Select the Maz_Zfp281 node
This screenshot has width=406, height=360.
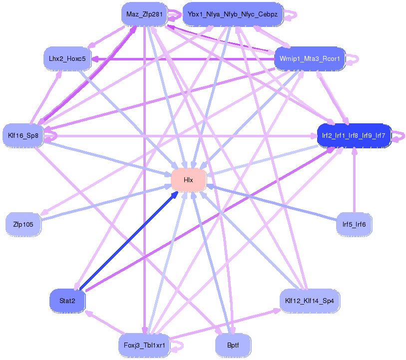[144, 14]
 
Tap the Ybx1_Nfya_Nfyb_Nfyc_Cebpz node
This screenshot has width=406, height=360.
[233, 14]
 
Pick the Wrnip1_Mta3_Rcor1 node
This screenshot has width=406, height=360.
[310, 59]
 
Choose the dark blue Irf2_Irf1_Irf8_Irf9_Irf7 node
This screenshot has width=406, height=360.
[354, 135]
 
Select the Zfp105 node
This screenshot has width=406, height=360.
[23, 224]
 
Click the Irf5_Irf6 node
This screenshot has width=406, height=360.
[354, 224]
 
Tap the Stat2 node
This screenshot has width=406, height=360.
[67, 301]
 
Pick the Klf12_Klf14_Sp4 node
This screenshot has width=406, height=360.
[310, 301]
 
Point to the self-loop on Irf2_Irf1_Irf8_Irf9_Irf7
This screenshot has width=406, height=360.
[399, 135]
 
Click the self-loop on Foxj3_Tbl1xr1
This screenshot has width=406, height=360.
[178, 345]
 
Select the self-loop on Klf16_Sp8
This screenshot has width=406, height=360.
[51, 133]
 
